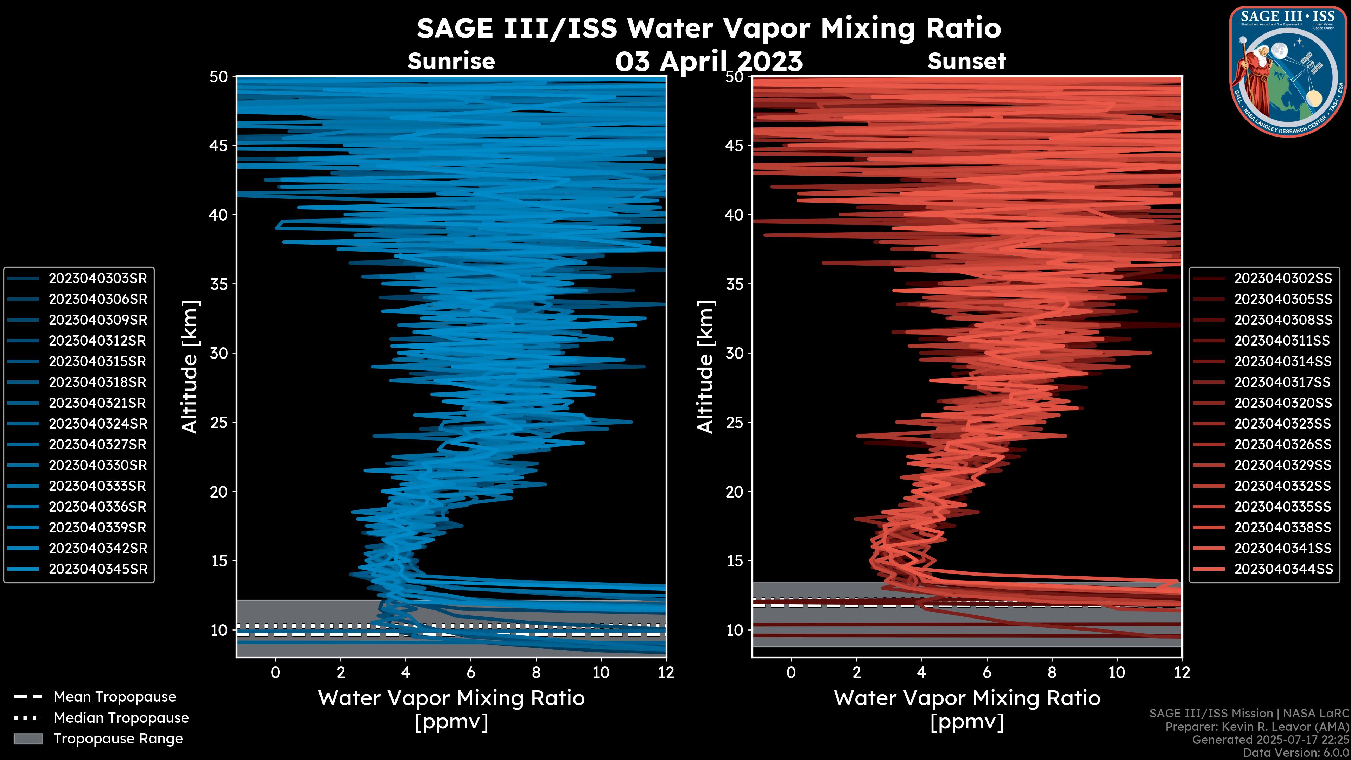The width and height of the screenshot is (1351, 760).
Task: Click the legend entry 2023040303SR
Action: [97, 279]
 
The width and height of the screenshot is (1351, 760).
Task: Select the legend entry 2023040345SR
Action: [97, 569]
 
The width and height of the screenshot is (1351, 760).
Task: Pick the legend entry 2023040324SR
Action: [97, 424]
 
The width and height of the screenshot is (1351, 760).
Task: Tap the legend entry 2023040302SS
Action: [1283, 279]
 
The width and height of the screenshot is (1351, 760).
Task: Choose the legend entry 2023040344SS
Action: [1283, 569]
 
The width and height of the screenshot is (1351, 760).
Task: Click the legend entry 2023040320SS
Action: [1283, 403]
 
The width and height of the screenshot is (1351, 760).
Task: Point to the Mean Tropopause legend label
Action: [114, 697]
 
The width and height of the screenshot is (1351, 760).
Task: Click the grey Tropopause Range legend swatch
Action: [28, 739]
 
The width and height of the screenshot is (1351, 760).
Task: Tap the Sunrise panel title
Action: [451, 61]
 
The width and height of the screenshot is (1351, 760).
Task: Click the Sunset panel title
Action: [966, 61]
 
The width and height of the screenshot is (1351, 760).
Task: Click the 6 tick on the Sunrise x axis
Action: [470, 672]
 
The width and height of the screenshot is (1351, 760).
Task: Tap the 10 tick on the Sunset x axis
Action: [1117, 672]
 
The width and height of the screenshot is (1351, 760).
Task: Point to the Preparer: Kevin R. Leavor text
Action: [1257, 727]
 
